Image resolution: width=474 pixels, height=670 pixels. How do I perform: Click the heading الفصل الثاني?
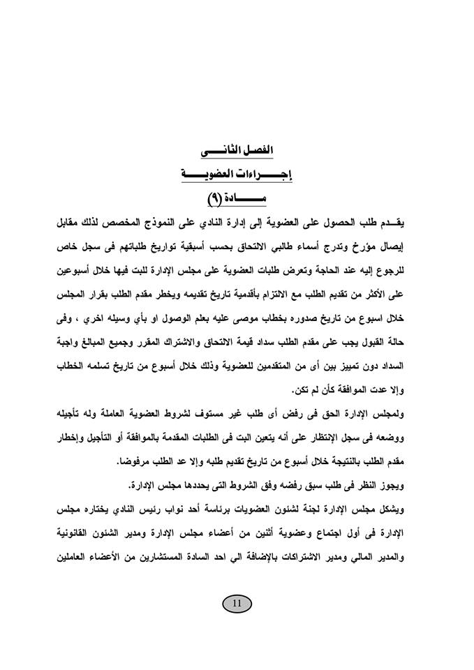tap(237, 151)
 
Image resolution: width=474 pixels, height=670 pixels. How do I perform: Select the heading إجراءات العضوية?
tap(237, 175)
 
